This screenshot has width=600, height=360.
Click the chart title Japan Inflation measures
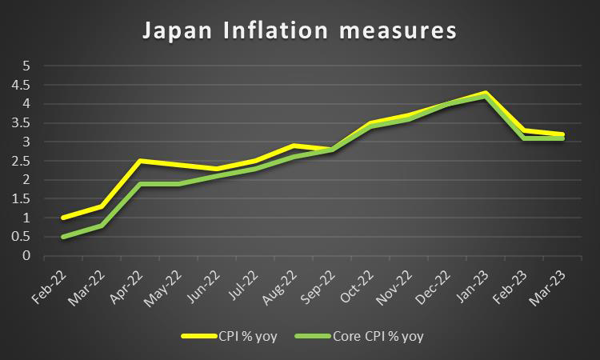tap(299, 32)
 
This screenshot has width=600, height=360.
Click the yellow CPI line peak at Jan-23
tap(486, 93)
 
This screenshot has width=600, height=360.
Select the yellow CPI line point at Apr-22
tap(139, 161)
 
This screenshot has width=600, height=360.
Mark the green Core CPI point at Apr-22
tap(139, 184)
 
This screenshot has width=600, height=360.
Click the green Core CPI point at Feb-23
tap(524, 138)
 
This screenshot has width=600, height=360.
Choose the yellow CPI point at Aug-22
tap(294, 146)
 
